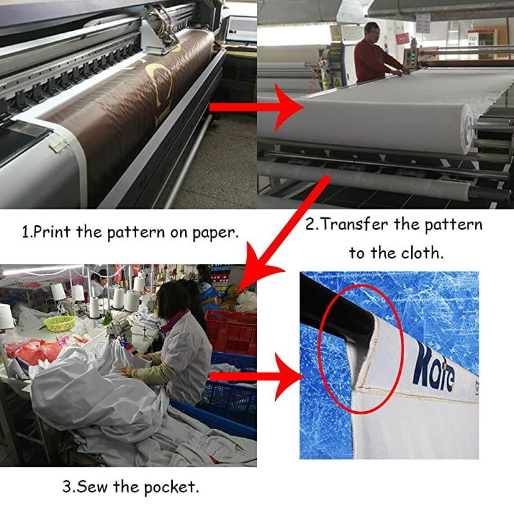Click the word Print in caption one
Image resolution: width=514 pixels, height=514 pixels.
[x=51, y=232]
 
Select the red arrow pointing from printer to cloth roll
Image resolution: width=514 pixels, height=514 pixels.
[x=256, y=107]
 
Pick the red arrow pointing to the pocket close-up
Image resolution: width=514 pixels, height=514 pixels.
[x=256, y=377]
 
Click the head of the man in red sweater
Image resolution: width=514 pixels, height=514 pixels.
[x=372, y=31]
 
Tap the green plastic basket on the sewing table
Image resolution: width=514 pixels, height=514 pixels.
[x=59, y=323]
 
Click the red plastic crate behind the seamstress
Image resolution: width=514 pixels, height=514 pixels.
[x=231, y=332]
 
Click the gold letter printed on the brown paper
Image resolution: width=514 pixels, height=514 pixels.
[x=161, y=89]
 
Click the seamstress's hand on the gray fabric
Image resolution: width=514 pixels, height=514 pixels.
[x=125, y=371]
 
